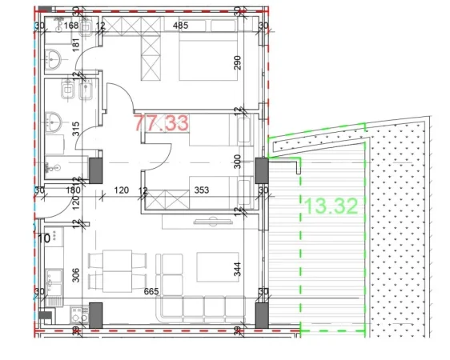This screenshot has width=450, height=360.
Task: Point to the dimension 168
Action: pos(71,26)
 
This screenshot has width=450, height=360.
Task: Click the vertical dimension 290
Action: pos(236,63)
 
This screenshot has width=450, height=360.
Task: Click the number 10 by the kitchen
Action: pos(44,237)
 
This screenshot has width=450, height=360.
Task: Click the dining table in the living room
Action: pos(110,270)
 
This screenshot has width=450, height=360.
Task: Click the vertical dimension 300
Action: pos(236,161)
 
